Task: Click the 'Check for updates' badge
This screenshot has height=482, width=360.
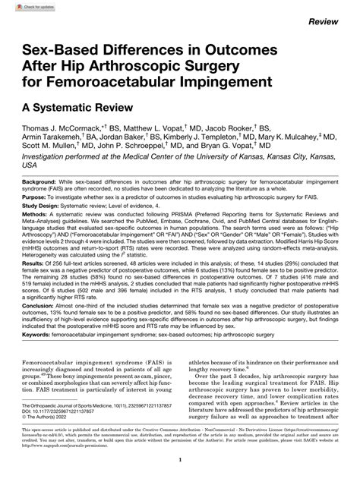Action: click(x=27, y=7)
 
